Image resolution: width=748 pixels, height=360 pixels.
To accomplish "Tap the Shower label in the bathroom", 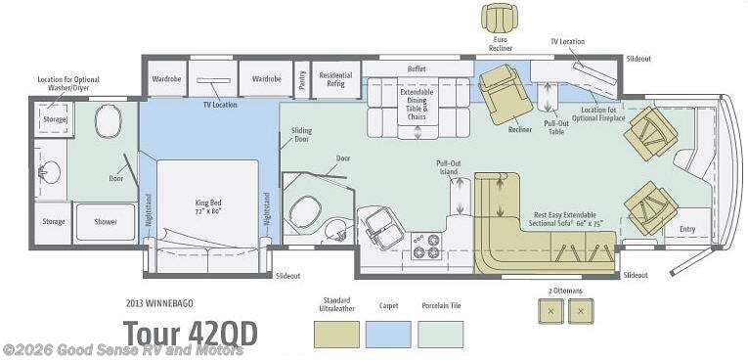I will tap(106, 222).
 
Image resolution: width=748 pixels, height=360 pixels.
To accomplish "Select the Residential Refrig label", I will tap(335, 79).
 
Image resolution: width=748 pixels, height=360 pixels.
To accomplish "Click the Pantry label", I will tap(301, 77).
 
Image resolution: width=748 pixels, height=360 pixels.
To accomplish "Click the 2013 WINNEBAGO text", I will tap(160, 301).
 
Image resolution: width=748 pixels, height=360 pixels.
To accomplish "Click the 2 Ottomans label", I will tap(566, 292).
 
